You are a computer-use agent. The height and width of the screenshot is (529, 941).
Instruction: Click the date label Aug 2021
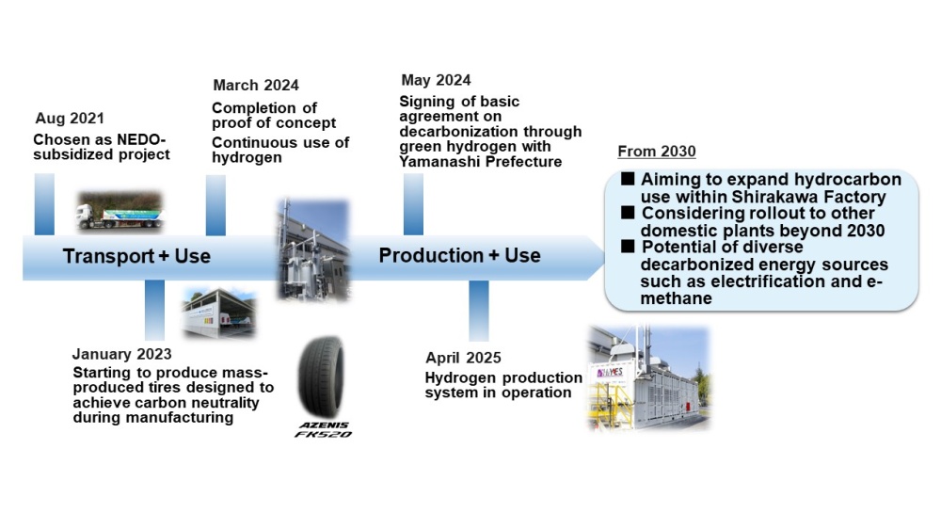[x=70, y=119]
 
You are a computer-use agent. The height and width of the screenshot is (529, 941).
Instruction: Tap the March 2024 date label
[x=256, y=86]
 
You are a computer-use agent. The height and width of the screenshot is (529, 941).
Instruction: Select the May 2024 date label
[x=436, y=80]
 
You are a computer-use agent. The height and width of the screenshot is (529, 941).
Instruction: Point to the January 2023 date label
[x=121, y=354]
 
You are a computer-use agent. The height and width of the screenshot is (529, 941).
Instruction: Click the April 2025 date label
[x=463, y=358]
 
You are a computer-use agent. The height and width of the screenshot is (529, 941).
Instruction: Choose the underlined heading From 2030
[x=657, y=152]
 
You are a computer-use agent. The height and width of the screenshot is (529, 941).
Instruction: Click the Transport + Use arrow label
[x=136, y=256]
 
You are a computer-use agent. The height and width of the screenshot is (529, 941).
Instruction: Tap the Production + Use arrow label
[x=460, y=256]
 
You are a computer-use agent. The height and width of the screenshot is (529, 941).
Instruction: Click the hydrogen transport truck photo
[x=120, y=212]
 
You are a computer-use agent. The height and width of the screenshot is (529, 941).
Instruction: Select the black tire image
[x=322, y=377]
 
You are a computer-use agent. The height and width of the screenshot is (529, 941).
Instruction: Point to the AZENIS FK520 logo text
[x=324, y=430]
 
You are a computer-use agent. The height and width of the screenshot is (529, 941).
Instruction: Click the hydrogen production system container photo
[x=648, y=378]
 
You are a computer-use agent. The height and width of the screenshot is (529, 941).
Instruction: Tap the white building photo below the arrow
[x=219, y=313]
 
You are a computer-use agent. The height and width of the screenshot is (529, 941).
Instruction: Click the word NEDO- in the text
[x=141, y=140]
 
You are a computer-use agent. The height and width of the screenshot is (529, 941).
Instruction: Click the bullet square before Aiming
[x=628, y=179]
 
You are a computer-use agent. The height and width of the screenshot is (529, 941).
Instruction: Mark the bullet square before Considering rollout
[x=628, y=213]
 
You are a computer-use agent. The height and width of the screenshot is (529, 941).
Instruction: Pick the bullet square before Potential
[x=628, y=247]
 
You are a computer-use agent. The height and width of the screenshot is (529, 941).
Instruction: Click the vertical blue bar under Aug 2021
[x=44, y=204]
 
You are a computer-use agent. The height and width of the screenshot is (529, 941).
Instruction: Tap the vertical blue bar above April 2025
[x=479, y=311]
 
